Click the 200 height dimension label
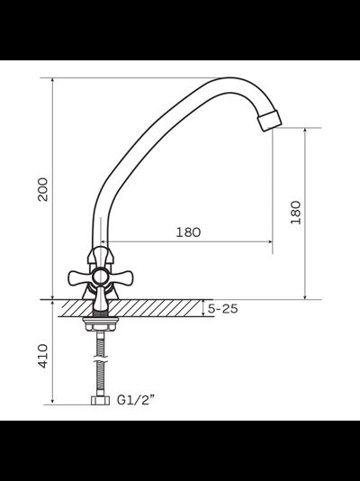coord(42,189)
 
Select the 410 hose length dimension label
coord(42,356)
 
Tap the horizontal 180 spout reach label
coord(188,232)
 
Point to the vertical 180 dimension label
coord(296,213)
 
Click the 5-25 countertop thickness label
coord(222,309)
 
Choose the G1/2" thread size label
coord(136,400)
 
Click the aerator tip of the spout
coord(269,121)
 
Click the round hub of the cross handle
coord(101,277)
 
